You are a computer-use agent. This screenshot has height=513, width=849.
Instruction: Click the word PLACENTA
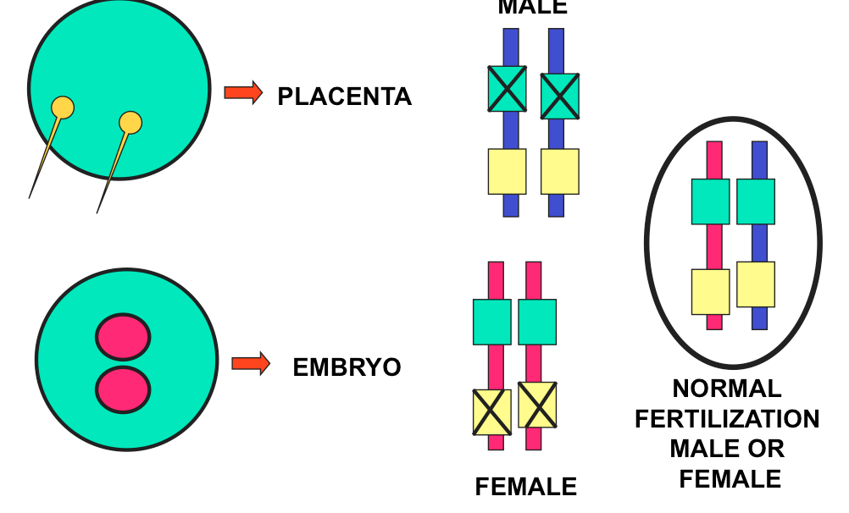(344, 97)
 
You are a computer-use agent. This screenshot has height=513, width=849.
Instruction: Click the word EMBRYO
(347, 367)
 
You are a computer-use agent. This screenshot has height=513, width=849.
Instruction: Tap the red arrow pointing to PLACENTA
(243, 92)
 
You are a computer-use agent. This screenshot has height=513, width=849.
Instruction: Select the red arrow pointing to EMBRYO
(251, 364)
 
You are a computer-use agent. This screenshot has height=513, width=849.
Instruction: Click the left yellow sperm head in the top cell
(63, 108)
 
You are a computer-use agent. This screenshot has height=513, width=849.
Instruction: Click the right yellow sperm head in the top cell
(130, 123)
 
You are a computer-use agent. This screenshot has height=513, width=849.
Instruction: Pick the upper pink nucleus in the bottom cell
(123, 336)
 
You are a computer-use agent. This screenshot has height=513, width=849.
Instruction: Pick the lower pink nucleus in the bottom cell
(123, 389)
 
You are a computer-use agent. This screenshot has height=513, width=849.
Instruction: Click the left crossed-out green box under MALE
(507, 89)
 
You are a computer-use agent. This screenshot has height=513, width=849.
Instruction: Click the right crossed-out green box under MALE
(559, 96)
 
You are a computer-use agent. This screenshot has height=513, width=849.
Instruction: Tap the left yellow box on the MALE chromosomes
(507, 171)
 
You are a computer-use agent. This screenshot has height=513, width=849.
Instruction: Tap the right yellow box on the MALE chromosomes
(559, 171)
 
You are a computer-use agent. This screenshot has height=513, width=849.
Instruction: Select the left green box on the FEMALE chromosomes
(491, 322)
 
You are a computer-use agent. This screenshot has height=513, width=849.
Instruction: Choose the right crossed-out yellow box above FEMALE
(537, 405)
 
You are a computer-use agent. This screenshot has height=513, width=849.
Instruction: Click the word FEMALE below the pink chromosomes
(525, 487)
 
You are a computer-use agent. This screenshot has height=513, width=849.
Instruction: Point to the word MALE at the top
(532, 8)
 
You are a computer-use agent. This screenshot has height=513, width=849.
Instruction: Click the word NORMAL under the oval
(727, 389)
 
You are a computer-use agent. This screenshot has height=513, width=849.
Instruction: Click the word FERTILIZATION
(727, 419)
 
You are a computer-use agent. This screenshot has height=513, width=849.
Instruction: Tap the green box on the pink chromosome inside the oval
(710, 201)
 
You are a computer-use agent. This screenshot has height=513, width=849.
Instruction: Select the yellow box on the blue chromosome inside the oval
(756, 284)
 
